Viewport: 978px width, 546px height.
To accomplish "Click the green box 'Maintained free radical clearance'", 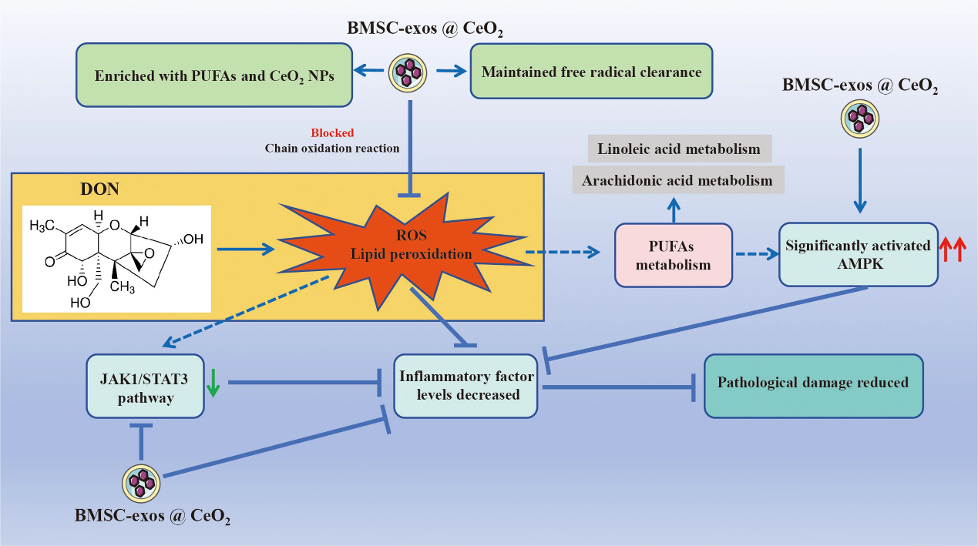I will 590,73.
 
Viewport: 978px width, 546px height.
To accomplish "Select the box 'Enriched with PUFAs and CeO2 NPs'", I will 214,75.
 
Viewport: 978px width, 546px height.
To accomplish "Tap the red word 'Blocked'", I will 332,133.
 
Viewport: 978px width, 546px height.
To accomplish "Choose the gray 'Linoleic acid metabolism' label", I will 679,149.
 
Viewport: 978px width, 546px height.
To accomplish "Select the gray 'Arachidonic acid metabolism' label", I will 677,181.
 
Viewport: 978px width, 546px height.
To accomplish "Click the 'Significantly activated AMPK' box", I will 859,255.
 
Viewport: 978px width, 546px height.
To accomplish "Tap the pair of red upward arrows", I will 953,250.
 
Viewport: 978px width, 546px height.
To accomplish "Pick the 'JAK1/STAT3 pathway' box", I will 145,387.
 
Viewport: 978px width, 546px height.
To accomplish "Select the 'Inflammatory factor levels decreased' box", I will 465,386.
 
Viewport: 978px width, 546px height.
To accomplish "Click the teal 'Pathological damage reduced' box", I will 813,384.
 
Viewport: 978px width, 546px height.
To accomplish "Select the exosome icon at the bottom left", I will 143,483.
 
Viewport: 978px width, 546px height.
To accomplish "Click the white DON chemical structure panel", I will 116,258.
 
